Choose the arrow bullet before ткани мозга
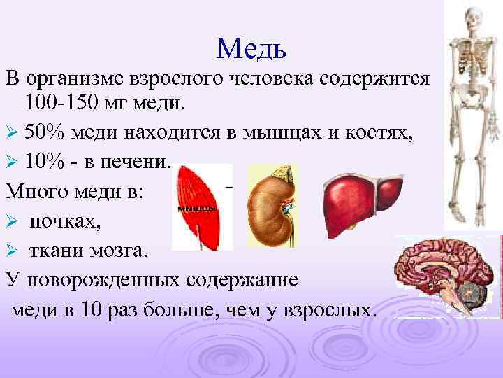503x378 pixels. pyautogui.click(x=11, y=251)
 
